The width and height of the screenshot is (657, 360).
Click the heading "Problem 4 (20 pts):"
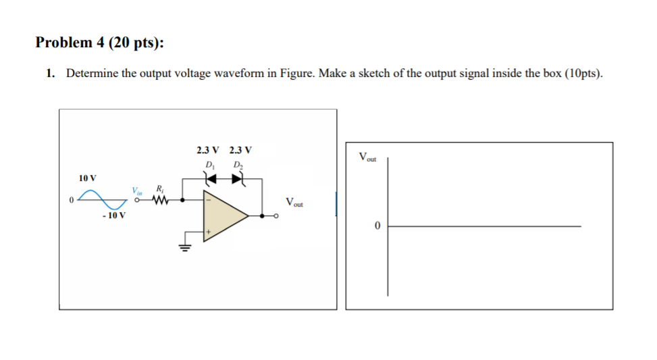tap(99, 43)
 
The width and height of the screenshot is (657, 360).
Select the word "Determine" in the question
tap(92, 74)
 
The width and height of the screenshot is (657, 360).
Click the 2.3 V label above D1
tap(207, 150)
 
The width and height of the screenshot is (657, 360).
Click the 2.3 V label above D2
tap(240, 150)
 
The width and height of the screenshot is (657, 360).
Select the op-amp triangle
tap(226, 215)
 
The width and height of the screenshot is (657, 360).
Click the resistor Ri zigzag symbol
tap(159, 200)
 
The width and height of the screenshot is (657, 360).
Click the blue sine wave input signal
tap(103, 200)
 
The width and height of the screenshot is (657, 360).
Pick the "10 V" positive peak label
tap(87, 178)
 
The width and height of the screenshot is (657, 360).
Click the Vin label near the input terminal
tap(138, 190)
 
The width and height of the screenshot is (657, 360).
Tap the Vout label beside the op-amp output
tap(295, 201)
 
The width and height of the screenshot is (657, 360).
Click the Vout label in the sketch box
tap(368, 158)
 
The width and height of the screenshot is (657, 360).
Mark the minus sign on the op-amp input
tap(209, 200)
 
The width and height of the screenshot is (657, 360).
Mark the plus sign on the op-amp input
tap(209, 232)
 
